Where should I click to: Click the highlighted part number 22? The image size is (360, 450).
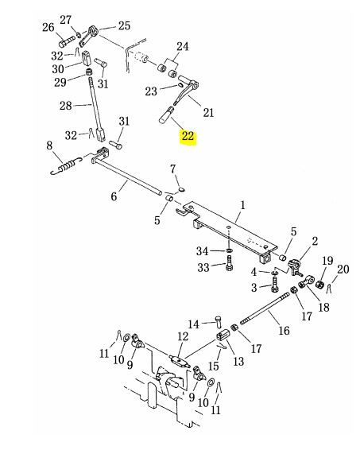click(188, 136)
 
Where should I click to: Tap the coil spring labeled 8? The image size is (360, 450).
click(68, 165)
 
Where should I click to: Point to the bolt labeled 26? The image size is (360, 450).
click(67, 42)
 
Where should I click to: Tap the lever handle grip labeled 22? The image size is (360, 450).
click(167, 114)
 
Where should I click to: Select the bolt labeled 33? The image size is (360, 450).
click(229, 263)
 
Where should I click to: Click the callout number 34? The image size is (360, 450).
click(202, 251)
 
